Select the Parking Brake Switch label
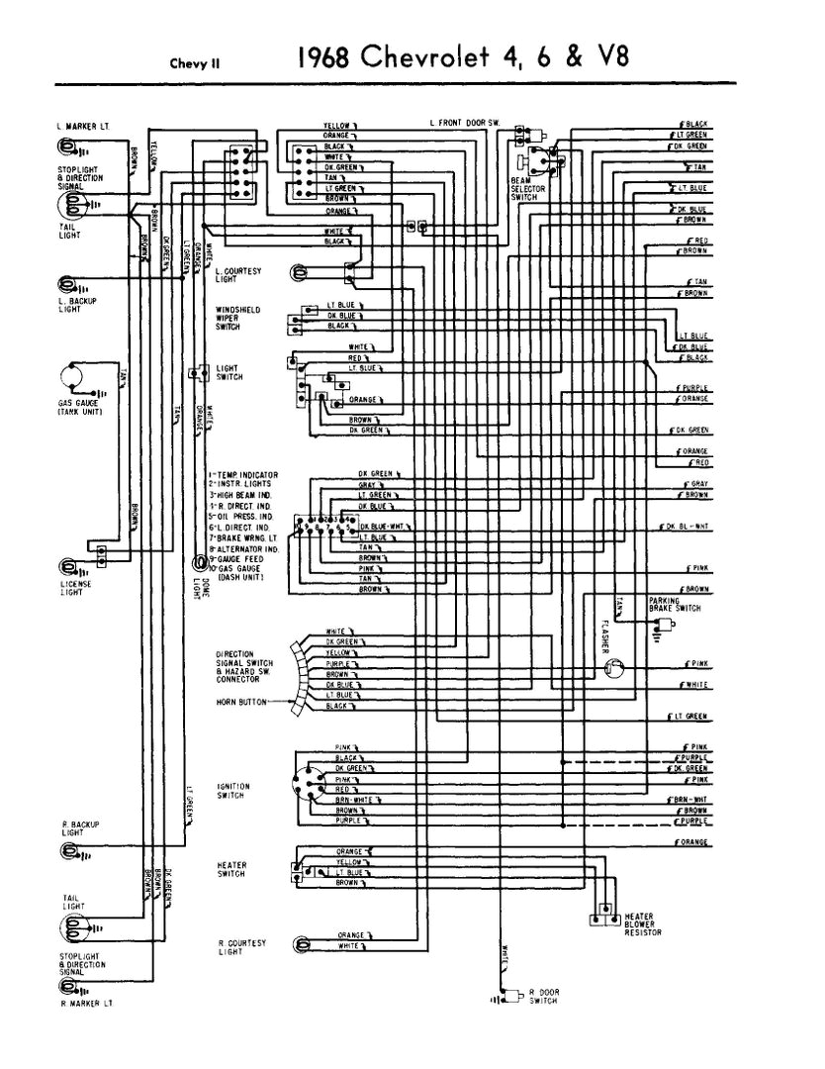[675, 605]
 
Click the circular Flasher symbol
[614, 671]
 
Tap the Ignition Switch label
[232, 790]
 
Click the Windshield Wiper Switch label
[237, 317]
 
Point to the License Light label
[75, 588]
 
